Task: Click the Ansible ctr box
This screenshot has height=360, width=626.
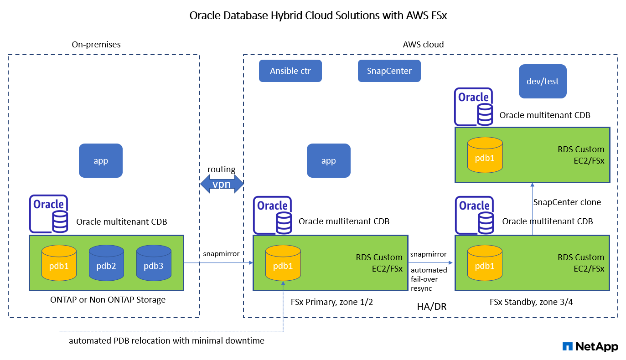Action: pos(290,71)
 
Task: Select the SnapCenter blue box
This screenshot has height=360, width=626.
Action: pos(389,71)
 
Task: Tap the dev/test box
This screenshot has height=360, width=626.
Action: pos(542,82)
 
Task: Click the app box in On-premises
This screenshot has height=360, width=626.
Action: pos(101,160)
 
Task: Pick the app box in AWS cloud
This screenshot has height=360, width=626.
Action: pos(328,160)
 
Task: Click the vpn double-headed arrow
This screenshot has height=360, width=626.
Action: pos(222,184)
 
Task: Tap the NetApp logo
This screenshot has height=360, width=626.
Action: pos(590,347)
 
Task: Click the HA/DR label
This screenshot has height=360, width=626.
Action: pos(431,307)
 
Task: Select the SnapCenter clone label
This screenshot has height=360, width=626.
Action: pos(567,202)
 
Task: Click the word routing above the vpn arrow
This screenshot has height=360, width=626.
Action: pos(222,170)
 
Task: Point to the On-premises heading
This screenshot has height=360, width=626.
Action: pos(96,44)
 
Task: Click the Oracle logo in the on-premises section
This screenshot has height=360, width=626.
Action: pos(49,213)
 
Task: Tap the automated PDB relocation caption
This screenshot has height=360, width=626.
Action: pos(166,340)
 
